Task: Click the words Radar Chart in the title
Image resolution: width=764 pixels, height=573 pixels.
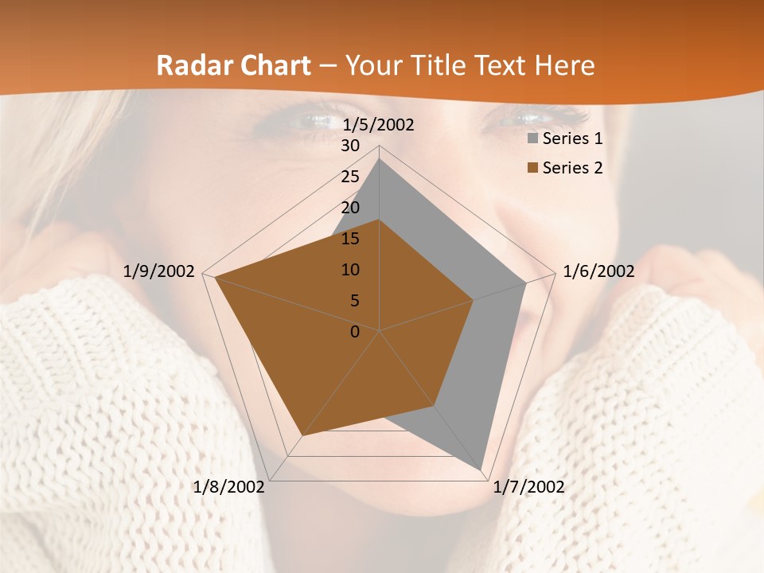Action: coord(233,65)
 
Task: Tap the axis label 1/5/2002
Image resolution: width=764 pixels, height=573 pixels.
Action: coord(378,125)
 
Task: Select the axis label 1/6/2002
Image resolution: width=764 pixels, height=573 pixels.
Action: coord(598,271)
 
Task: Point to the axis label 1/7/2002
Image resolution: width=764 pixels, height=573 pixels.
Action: coord(528,487)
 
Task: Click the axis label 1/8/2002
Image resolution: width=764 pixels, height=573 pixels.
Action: coord(229,487)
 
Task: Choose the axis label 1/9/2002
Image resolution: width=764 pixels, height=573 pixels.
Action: coord(159,271)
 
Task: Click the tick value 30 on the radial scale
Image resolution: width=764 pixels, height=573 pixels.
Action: coord(350,146)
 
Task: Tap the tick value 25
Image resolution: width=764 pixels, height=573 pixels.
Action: coord(350,177)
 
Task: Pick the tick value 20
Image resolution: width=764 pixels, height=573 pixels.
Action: coord(350,208)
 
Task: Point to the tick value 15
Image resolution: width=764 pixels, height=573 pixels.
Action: coord(350,239)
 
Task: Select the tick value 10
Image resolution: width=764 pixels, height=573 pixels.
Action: coord(350,270)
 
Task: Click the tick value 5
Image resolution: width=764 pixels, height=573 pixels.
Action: coord(354,301)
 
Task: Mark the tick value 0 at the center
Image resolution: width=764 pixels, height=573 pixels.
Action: coord(355,332)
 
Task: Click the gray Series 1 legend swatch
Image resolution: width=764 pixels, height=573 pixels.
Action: coord(532,139)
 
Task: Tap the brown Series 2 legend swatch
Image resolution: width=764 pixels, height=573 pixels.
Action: coord(532,168)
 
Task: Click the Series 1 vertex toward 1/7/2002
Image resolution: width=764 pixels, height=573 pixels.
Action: coord(481,468)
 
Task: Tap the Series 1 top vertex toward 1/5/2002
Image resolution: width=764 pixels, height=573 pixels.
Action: coord(380,158)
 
